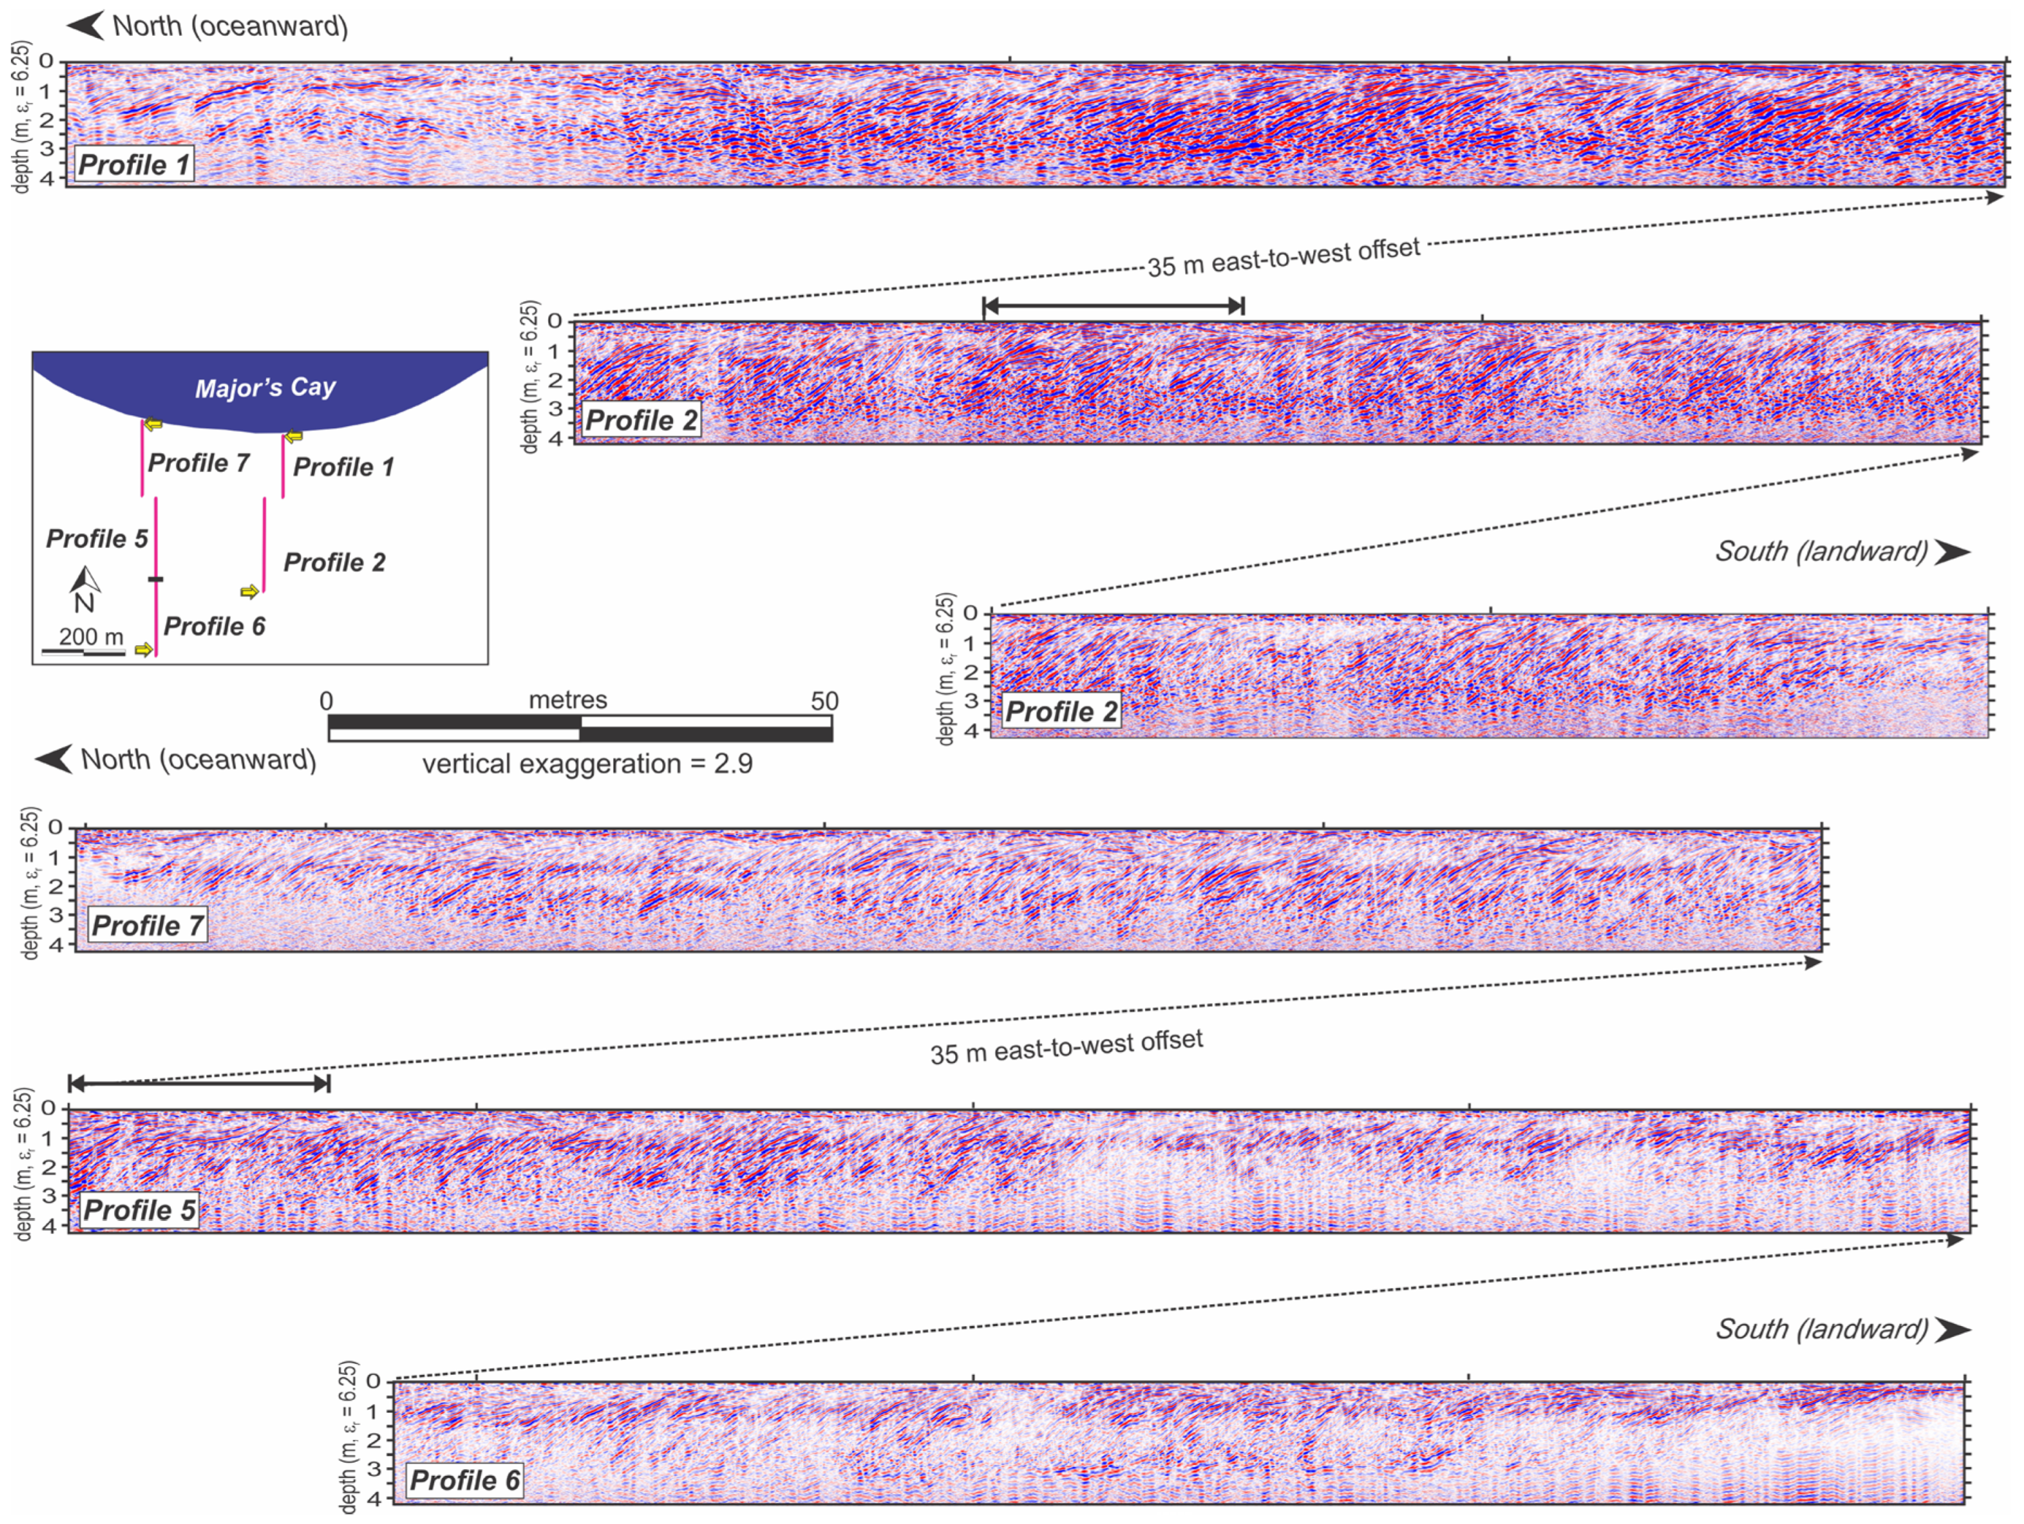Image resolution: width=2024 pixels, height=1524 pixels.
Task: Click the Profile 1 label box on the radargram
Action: click(134, 165)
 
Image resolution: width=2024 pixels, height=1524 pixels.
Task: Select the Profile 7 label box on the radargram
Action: click(147, 926)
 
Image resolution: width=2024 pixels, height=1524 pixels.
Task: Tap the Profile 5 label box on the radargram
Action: click(139, 1210)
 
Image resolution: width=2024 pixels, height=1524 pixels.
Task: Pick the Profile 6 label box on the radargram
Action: click(464, 1480)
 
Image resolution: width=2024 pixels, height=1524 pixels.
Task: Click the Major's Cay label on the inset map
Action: click(265, 388)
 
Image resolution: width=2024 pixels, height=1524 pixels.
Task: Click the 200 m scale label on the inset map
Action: click(92, 637)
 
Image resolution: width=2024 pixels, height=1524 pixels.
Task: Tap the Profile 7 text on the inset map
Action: click(199, 463)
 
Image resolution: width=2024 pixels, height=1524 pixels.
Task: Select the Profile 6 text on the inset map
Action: click(214, 627)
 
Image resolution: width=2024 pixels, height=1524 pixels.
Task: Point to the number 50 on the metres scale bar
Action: click(823, 701)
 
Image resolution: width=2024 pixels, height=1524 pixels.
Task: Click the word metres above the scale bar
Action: click(567, 700)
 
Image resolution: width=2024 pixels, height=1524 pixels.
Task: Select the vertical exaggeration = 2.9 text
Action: click(587, 764)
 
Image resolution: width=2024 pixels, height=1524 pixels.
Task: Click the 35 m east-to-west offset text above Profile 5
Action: click(1066, 1047)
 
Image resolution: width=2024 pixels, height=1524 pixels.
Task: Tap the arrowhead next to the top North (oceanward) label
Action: click(86, 26)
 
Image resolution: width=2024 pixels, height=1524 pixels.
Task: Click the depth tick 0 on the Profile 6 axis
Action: click(373, 1382)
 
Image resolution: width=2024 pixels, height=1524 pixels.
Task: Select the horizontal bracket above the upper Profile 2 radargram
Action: click(1112, 305)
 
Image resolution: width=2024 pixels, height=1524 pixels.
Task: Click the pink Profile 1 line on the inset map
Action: click(283, 467)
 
